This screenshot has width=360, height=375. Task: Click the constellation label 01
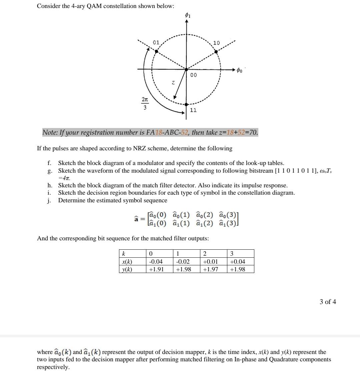click(x=156, y=43)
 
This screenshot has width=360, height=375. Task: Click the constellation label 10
click(x=217, y=43)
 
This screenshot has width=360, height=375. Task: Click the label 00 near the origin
click(x=193, y=75)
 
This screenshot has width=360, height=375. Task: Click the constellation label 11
click(x=193, y=110)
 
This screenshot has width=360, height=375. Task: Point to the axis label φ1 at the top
click(x=187, y=15)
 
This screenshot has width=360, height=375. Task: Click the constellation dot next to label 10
click(x=216, y=52)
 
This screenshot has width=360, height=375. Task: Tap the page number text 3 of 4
click(x=328, y=302)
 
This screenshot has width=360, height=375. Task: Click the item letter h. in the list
click(x=50, y=185)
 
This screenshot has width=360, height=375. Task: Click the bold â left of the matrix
click(x=136, y=219)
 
